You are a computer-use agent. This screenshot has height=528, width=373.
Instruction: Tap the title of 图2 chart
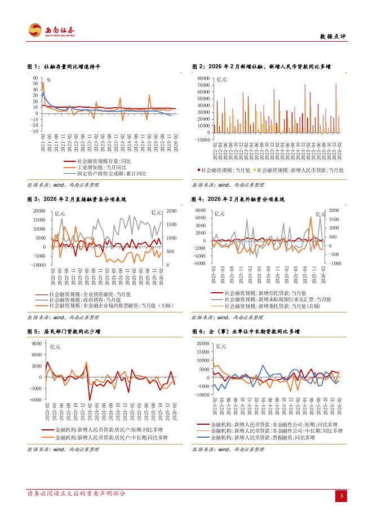click(261, 67)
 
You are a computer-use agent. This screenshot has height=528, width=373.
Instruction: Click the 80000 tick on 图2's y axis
click(202, 78)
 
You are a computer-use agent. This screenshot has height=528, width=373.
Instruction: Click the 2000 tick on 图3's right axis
click(171, 211)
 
